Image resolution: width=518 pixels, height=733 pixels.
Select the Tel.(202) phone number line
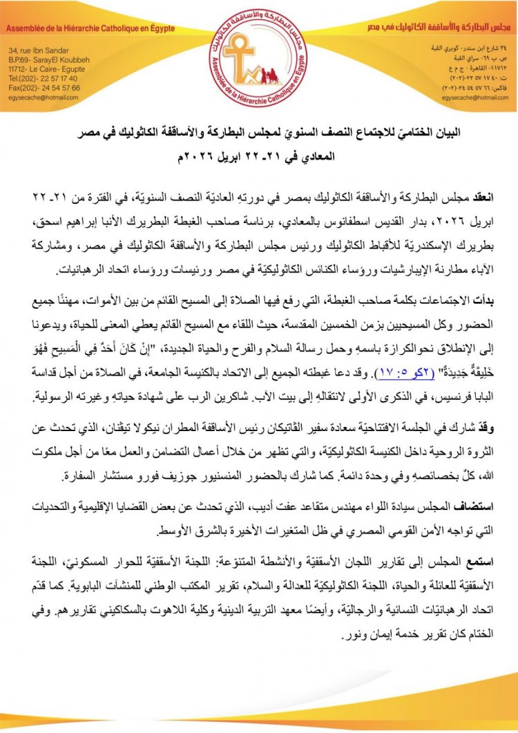44,79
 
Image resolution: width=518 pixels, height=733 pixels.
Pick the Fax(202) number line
44,88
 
